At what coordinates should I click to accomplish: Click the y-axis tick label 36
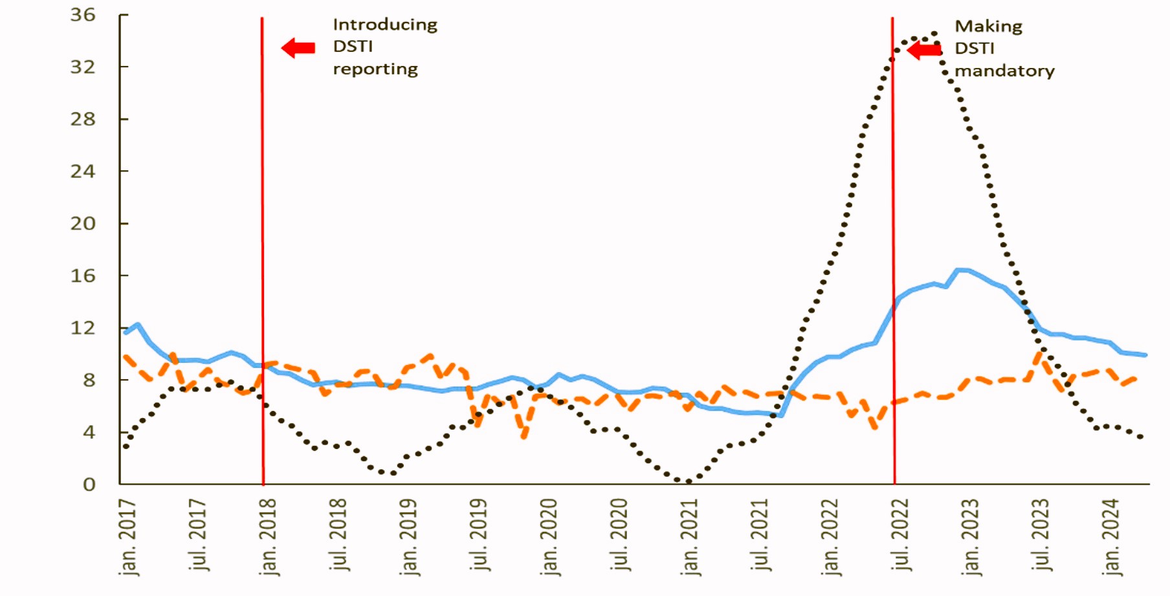coord(83,14)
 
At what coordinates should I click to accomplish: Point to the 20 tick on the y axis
coord(83,223)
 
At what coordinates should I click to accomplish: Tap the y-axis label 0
coord(89,484)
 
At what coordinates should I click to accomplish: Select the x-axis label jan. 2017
coord(128,536)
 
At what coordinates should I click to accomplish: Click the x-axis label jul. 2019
coord(479,534)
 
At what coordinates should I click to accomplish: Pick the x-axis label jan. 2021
coord(689,536)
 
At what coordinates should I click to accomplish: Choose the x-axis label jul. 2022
coord(900,534)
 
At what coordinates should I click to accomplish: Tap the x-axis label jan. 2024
coord(1110,536)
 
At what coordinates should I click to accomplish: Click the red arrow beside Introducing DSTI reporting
coord(298,47)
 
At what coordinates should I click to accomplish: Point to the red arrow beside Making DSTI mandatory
coord(924,50)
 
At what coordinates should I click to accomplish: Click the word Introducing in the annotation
coord(385,25)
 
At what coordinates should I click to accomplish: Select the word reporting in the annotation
coord(375,69)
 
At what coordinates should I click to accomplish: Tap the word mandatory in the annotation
coord(1004,71)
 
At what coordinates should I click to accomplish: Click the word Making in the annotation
coord(988,27)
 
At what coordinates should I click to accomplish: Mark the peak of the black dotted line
coord(934,32)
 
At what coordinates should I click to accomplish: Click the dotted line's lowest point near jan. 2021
coord(687,481)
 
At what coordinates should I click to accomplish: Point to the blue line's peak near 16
coord(960,270)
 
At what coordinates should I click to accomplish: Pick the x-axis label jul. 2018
coord(338,534)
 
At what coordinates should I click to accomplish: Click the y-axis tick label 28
coord(83,119)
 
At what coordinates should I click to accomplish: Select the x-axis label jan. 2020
coord(549,536)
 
